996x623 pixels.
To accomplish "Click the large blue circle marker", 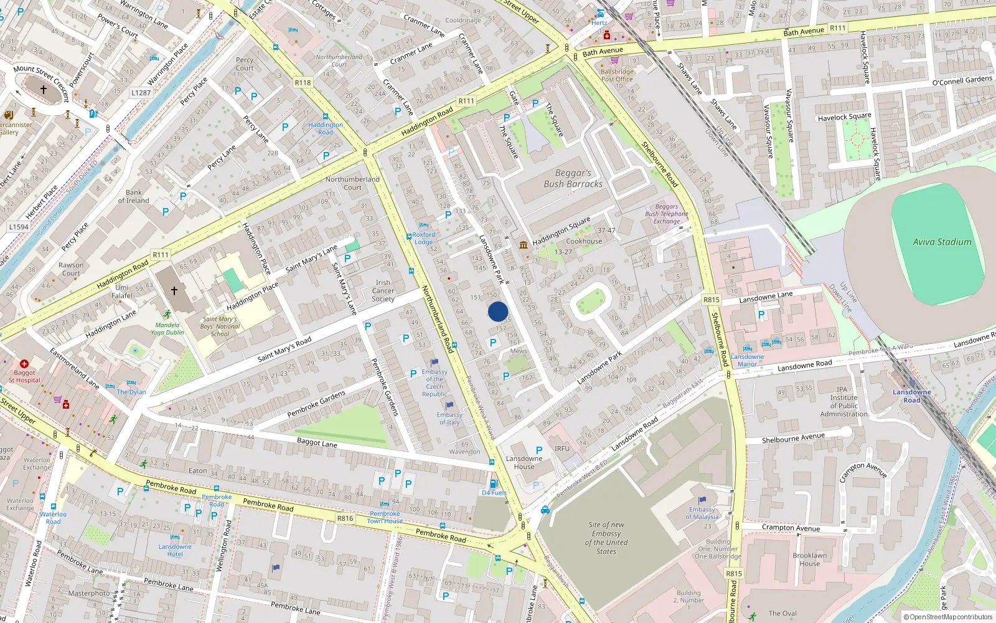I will [498, 311].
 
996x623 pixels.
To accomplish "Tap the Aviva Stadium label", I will [942, 242].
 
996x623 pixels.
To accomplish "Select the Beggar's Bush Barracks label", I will [573, 179].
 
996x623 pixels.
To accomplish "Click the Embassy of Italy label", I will [449, 419].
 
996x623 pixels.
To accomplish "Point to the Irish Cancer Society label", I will [383, 290].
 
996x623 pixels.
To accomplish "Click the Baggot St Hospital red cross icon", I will [24, 364].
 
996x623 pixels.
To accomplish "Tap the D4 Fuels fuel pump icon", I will [494, 484].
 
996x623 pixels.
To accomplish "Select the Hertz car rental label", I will [599, 22].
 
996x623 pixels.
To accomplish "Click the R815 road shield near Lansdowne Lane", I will [712, 300].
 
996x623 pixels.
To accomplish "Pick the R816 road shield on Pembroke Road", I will [345, 518].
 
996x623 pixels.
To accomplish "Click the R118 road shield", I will [303, 82].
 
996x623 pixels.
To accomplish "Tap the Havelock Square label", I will [844, 117].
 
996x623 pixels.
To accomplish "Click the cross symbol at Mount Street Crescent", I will [44, 90].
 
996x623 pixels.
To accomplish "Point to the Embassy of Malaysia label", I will [702, 513].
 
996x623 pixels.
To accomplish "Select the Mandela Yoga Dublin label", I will [167, 328].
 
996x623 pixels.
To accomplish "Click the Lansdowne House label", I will [524, 462].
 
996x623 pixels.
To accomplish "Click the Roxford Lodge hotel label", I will [424, 238].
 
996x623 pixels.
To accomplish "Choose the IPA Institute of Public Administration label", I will [843, 401].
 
